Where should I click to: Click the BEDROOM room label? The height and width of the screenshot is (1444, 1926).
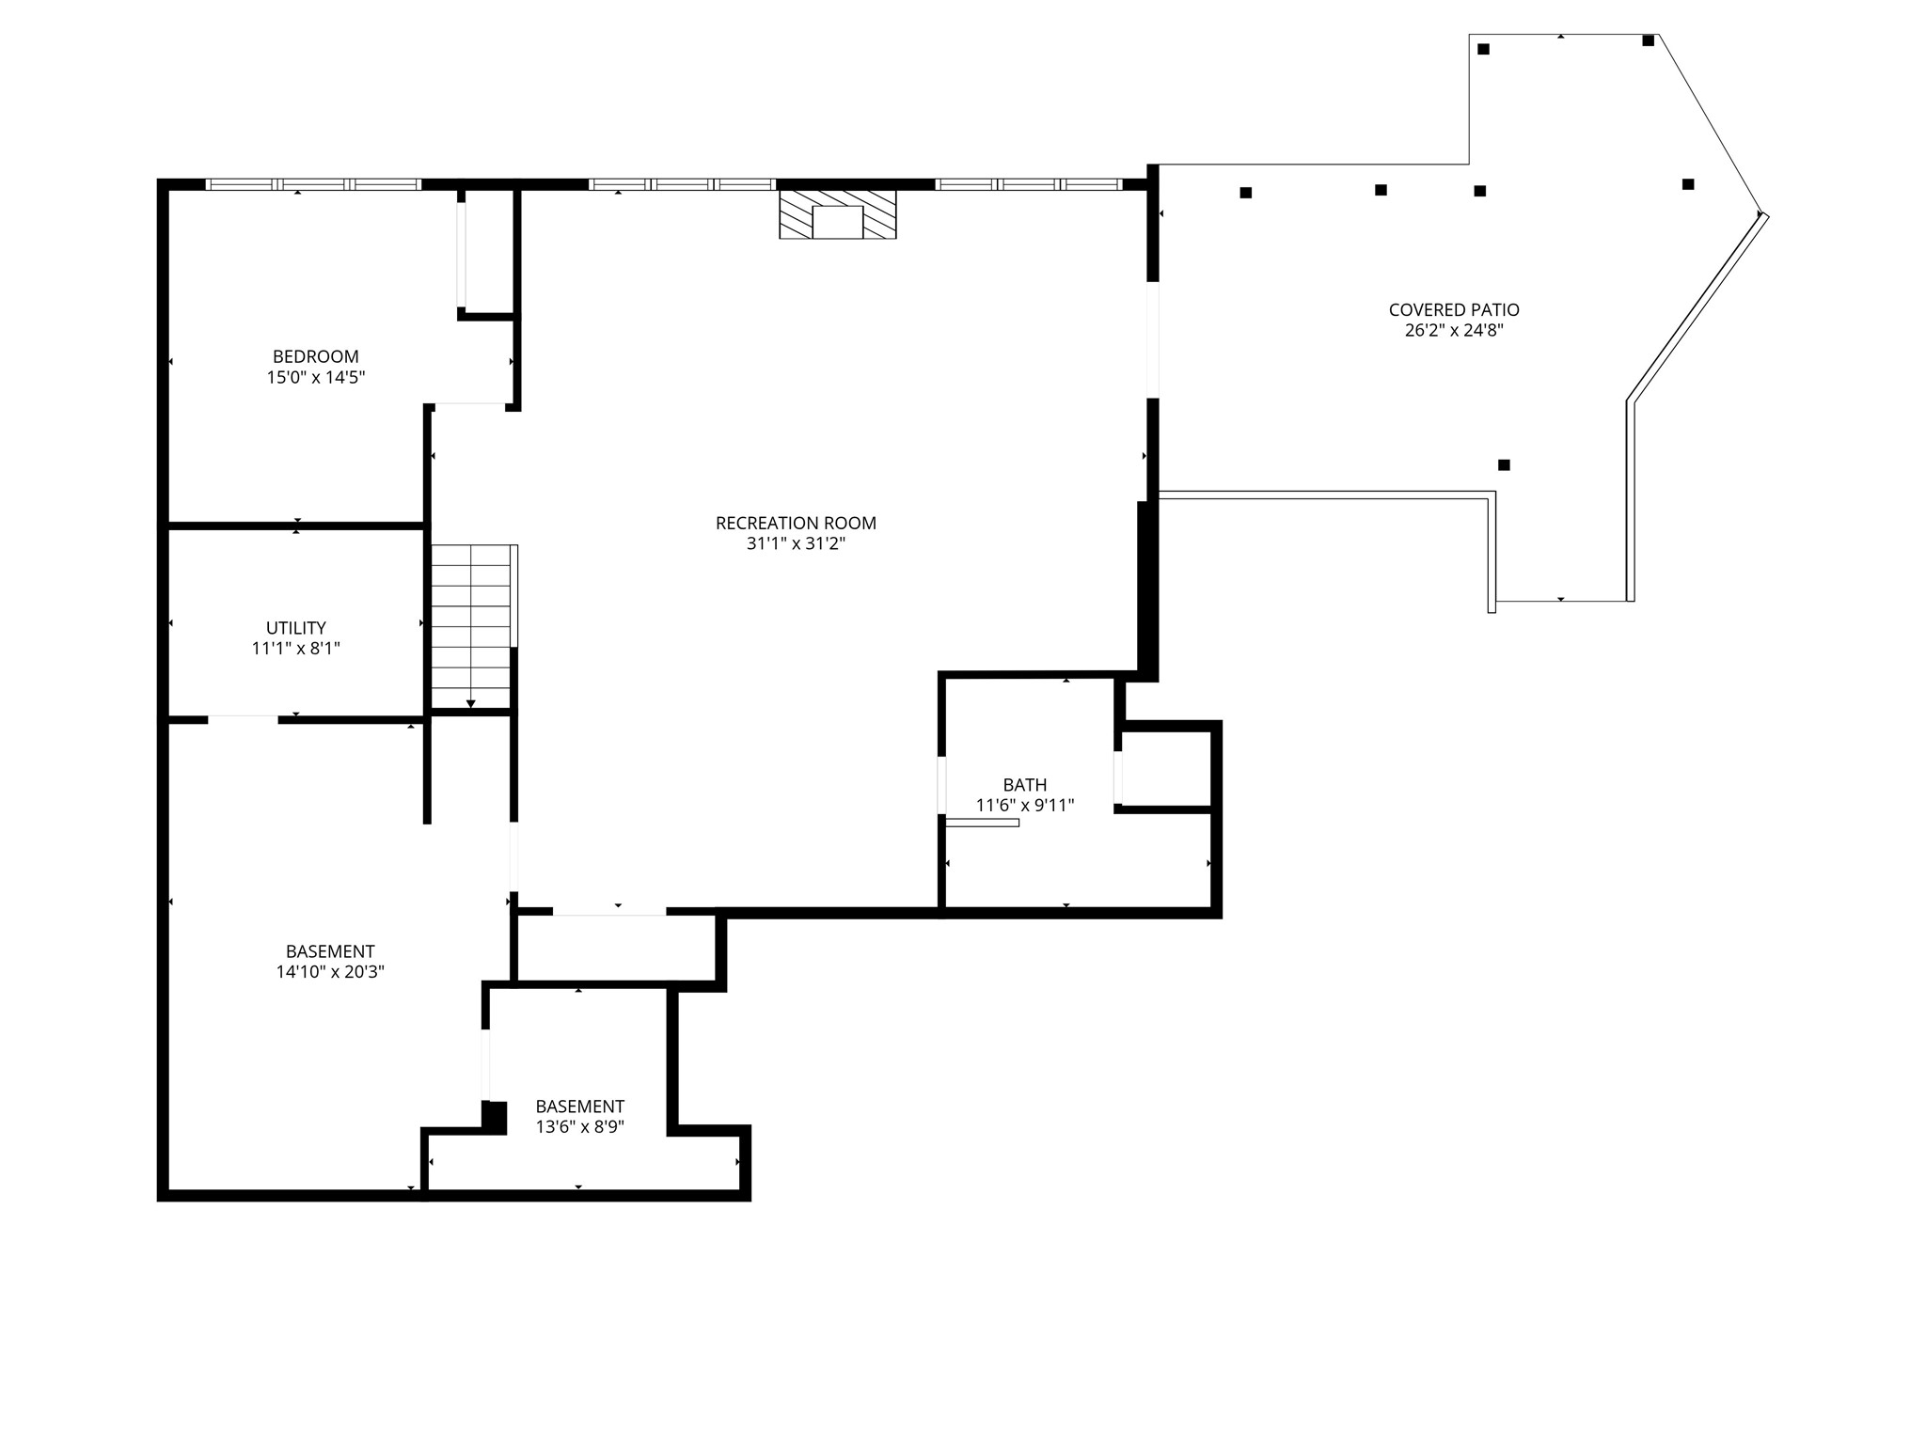click(x=315, y=356)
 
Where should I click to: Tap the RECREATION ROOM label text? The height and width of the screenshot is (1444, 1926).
click(x=796, y=523)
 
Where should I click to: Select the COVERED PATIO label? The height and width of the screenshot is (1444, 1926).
click(x=1453, y=309)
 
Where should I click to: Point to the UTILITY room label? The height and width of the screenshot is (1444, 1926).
click(x=295, y=627)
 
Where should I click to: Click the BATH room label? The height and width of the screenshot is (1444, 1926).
click(x=1024, y=784)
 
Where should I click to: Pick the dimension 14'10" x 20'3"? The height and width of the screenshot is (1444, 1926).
click(x=329, y=972)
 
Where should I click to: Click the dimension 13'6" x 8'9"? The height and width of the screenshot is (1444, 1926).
click(x=579, y=1127)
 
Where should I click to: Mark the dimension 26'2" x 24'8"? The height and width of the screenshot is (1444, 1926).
click(x=1453, y=330)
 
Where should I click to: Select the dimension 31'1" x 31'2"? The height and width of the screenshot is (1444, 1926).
click(x=796, y=543)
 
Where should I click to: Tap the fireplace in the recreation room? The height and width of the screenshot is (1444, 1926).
click(x=837, y=214)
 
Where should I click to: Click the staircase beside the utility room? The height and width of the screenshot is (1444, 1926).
click(x=470, y=625)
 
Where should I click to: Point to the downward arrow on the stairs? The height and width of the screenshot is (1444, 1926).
click(x=470, y=703)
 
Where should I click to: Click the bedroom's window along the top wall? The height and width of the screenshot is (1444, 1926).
click(x=313, y=184)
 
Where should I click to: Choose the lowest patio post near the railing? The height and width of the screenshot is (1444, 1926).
click(x=1504, y=464)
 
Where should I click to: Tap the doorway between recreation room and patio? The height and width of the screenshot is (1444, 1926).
click(x=1152, y=339)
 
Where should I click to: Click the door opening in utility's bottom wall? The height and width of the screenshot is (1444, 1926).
click(x=243, y=720)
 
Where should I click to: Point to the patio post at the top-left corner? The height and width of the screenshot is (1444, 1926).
click(x=1483, y=49)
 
